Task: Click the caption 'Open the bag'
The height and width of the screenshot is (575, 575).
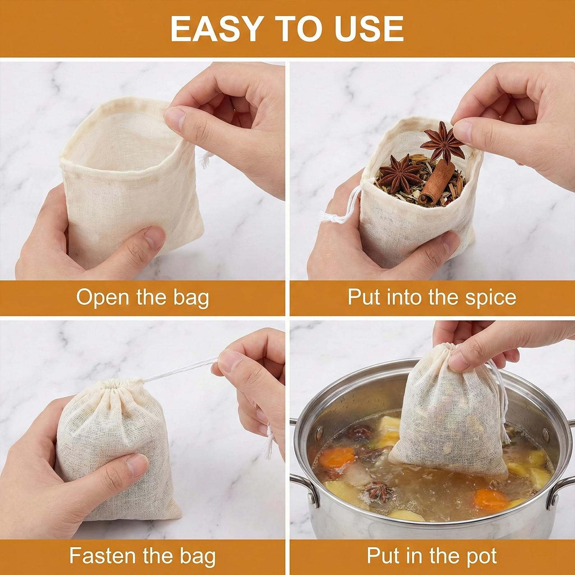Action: [143, 298]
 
